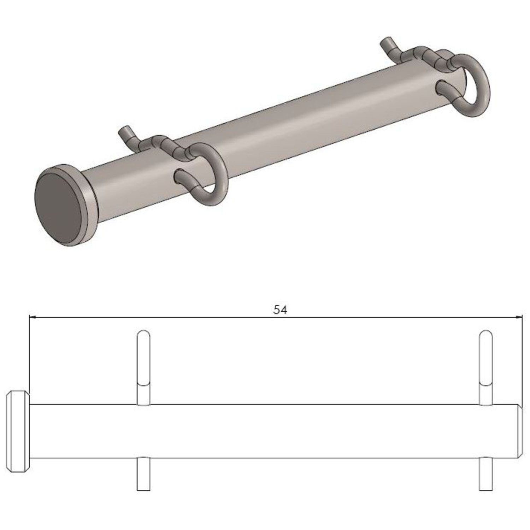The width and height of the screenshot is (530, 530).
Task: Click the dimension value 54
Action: coord(280,310)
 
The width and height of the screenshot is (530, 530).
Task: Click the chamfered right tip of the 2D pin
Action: coord(520,431)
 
